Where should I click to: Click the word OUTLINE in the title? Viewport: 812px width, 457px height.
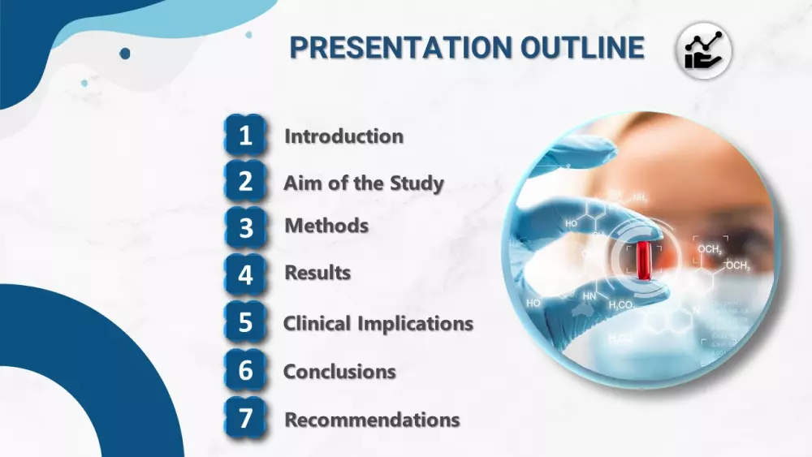(582, 48)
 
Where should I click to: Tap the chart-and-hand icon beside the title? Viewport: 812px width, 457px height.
(704, 50)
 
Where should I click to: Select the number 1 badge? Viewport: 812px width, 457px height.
(245, 136)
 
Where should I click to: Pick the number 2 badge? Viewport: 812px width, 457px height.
(245, 181)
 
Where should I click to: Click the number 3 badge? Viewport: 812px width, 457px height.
(245, 228)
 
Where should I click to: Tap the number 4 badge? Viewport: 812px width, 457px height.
(245, 274)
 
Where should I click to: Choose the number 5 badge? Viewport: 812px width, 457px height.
(245, 322)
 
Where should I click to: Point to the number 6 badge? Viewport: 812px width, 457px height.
(245, 370)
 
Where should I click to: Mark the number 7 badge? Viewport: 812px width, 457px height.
(245, 418)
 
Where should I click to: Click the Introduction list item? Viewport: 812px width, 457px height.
(343, 136)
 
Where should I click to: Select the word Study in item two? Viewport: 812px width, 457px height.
(417, 183)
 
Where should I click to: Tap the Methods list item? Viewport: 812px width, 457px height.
(326, 226)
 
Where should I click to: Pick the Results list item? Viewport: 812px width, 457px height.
(318, 273)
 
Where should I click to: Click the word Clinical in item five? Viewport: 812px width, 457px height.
(317, 323)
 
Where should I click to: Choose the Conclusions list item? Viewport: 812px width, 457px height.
(339, 372)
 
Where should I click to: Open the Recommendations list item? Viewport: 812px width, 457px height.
(373, 420)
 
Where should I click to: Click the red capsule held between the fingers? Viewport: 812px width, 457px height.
(644, 260)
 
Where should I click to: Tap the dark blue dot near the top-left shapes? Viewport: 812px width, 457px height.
(125, 54)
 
